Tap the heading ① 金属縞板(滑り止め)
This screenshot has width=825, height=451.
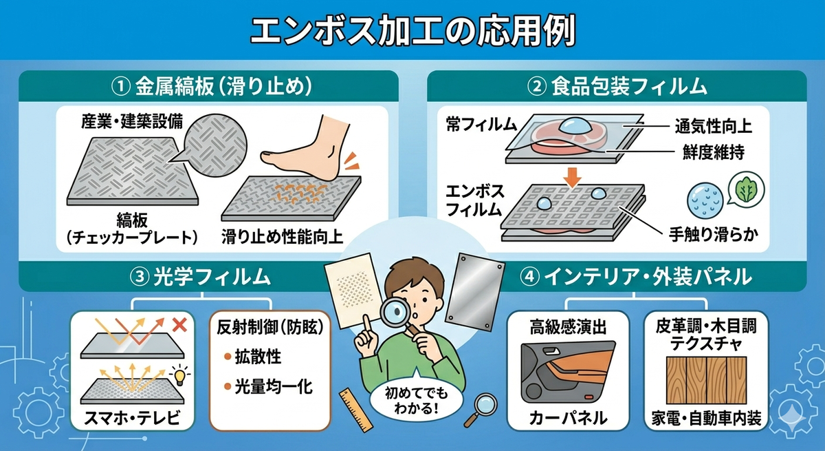(212, 87)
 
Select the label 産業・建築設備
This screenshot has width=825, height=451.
(132, 122)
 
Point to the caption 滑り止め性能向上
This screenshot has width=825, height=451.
(282, 236)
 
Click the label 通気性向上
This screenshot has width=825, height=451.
(714, 127)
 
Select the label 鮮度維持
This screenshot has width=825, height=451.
(714, 152)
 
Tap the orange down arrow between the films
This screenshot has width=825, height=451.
(572, 176)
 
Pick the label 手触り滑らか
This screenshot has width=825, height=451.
(714, 235)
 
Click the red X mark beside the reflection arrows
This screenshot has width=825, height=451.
(179, 326)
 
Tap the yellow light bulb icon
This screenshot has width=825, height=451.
(179, 376)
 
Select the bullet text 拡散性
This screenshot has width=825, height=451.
(258, 357)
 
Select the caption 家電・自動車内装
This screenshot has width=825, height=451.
(706, 418)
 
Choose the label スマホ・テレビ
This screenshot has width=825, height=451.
(132, 418)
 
